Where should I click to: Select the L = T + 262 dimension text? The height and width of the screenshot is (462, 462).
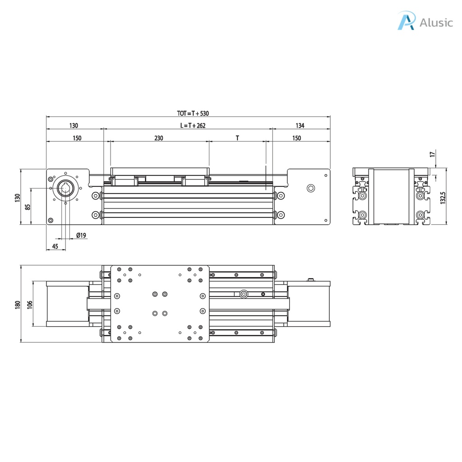click(x=193, y=126)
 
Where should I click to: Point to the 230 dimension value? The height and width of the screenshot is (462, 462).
click(x=158, y=139)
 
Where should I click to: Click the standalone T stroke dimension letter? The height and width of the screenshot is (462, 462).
click(x=237, y=139)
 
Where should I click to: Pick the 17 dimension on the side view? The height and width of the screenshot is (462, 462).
click(x=433, y=154)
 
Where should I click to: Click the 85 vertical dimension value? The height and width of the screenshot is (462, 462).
click(x=28, y=207)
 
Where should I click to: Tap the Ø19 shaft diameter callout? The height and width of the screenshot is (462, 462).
click(x=81, y=236)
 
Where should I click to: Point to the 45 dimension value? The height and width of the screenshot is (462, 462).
click(x=55, y=246)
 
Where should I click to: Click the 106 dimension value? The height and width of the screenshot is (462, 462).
click(x=30, y=305)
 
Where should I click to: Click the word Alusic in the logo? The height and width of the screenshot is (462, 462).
click(x=436, y=23)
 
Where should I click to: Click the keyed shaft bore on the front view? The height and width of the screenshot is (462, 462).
click(x=65, y=189)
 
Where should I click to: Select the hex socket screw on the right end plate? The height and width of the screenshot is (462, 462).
click(x=310, y=188)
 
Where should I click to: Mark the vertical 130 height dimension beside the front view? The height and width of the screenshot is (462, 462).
click(x=18, y=197)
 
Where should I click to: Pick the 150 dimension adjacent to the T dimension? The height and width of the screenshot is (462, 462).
click(x=296, y=139)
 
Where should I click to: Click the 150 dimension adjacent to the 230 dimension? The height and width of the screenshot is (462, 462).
click(x=77, y=139)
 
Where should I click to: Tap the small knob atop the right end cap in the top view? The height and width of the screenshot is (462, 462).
click(x=310, y=280)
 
